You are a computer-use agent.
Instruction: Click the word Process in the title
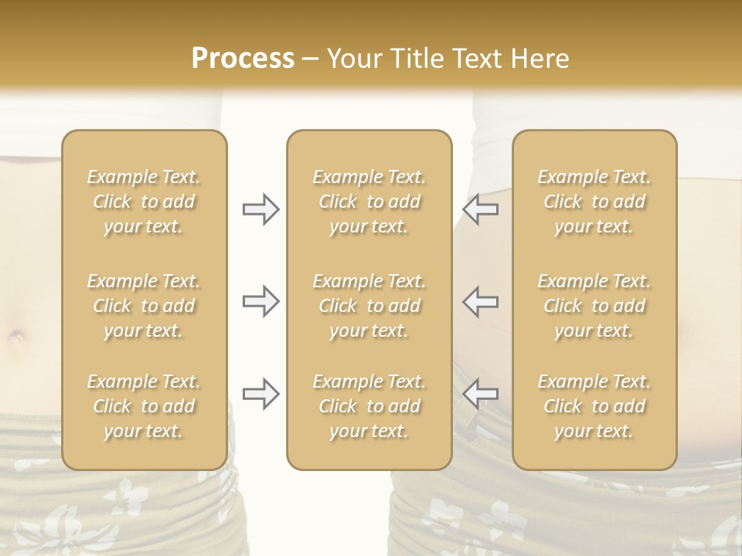point(243,59)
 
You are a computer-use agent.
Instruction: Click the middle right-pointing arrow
point(260,301)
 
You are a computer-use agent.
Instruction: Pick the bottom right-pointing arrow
point(260,394)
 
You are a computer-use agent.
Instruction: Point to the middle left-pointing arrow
point(481,301)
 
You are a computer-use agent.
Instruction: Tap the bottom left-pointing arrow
point(481,394)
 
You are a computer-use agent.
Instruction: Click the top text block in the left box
point(144,202)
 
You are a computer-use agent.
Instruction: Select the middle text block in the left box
point(144,306)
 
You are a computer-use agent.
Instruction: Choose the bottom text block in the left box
point(144,406)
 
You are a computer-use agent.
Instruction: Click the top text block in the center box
point(369,202)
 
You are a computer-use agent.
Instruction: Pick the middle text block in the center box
point(369,306)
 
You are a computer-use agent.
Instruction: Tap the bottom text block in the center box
point(369,406)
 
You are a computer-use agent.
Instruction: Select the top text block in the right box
point(594,202)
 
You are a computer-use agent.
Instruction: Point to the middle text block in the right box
point(594,306)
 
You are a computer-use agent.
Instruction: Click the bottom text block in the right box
point(594,406)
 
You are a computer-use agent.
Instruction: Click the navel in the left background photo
point(16,337)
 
